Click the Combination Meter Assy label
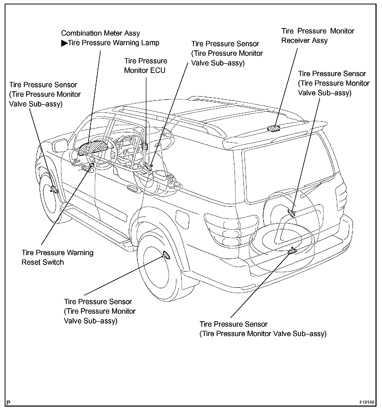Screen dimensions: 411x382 100,33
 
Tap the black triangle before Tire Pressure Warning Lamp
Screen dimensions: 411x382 64,43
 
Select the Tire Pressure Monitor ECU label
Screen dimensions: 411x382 145,66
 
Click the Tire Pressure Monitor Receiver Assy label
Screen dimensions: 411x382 317,36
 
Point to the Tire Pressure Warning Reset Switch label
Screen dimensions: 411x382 57,257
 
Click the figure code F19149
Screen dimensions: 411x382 367,402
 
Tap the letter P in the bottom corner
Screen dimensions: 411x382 9,403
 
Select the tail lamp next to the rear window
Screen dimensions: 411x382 341,193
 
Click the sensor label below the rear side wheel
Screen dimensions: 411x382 100,311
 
